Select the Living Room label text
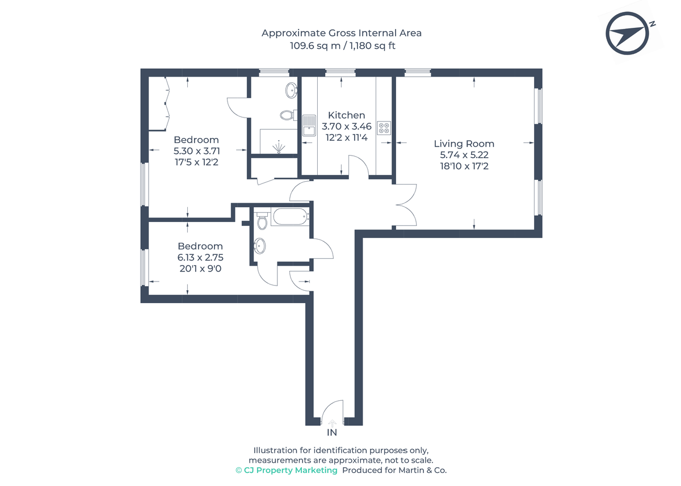464,144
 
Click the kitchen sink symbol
309,125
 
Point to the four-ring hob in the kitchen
384,128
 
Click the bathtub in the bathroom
290,217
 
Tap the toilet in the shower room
287,115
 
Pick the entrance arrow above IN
332,422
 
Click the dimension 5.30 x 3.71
196,151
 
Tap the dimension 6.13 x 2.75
199,257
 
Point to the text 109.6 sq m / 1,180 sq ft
342,45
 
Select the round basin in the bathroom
259,245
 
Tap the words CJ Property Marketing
290,471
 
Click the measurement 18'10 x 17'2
464,166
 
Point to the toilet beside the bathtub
262,220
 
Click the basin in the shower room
292,89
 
